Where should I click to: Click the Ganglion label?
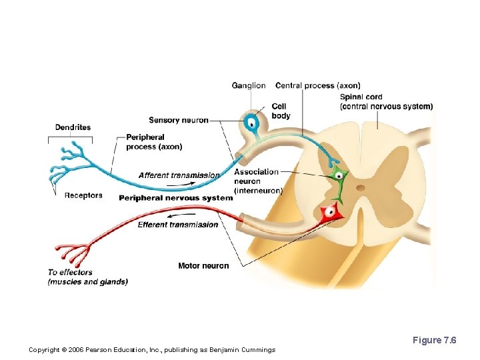click(248, 85)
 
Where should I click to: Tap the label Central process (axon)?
click(317, 85)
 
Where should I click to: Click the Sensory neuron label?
click(178, 120)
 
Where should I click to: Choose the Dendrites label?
click(73, 127)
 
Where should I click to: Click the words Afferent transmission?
click(179, 175)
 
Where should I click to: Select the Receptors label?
click(83, 195)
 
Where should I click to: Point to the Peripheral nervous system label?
click(175, 197)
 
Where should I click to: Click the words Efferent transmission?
click(177, 225)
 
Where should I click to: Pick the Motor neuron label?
click(203, 266)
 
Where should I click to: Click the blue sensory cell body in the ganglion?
click(251, 123)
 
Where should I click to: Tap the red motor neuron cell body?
click(329, 214)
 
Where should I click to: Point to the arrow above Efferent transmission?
click(177, 216)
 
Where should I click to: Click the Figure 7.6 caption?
click(434, 341)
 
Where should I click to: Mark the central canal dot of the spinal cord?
click(361, 187)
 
